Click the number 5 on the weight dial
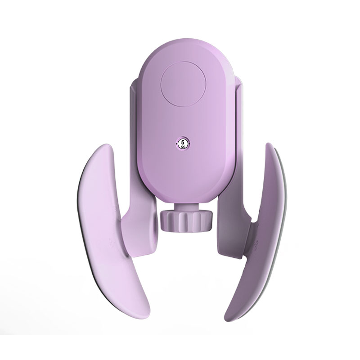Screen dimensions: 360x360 (x=183, y=142)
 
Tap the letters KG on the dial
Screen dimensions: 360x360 (x=183, y=146)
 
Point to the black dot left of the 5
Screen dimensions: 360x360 (x=176, y=144)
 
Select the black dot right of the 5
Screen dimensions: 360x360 (x=189, y=144)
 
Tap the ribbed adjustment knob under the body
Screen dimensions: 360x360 (x=186, y=221)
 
